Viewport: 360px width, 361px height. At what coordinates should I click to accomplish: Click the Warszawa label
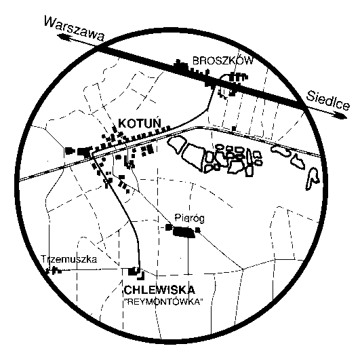pyautogui.click(x=74, y=28)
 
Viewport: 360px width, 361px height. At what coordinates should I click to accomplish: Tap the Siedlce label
pyautogui.click(x=328, y=100)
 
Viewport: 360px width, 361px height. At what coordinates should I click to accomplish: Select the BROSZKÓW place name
pyautogui.click(x=222, y=61)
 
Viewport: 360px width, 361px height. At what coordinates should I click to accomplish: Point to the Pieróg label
pyautogui.click(x=189, y=218)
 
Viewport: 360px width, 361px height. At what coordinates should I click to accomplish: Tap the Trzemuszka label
pyautogui.click(x=69, y=259)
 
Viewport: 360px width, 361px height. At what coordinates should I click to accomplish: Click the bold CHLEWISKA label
pyautogui.click(x=159, y=290)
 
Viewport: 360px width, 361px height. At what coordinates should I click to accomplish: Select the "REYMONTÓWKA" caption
pyautogui.click(x=163, y=301)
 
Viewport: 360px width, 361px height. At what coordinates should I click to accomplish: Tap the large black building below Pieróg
pyautogui.click(x=184, y=232)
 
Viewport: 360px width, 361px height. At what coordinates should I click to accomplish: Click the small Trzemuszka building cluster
pyautogui.click(x=54, y=270)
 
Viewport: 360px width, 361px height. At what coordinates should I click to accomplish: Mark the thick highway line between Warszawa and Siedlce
pyautogui.click(x=199, y=77)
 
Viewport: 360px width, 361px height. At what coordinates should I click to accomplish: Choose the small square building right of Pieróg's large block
pyautogui.click(x=197, y=229)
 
